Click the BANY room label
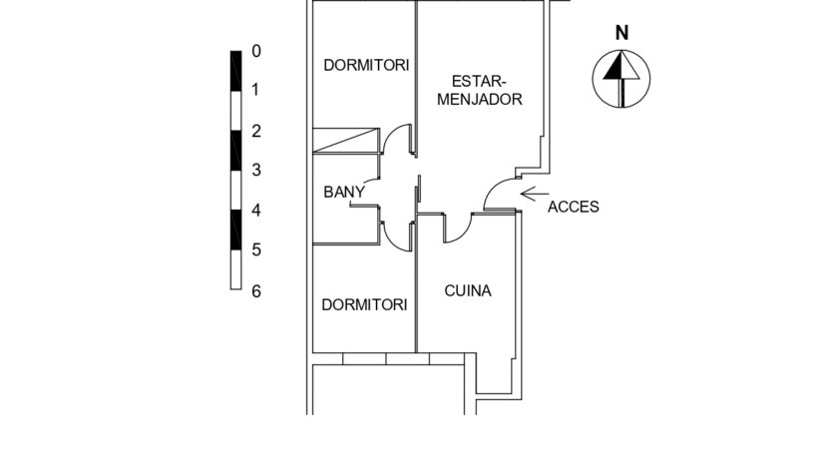tap(344, 193)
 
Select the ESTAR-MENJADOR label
tap(486, 90)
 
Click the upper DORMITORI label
tap(366, 66)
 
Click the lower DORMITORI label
tap(365, 304)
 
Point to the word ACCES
tap(574, 208)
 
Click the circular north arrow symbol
tap(621, 79)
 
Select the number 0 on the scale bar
tap(255, 51)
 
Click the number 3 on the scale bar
tap(255, 171)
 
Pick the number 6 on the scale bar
tap(255, 290)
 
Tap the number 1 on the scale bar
tap(255, 91)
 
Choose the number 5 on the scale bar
tap(255, 250)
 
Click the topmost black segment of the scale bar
tap(235, 70)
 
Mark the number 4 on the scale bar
tap(255, 211)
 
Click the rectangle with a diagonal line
tap(346, 140)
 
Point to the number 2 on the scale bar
tap(255, 131)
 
